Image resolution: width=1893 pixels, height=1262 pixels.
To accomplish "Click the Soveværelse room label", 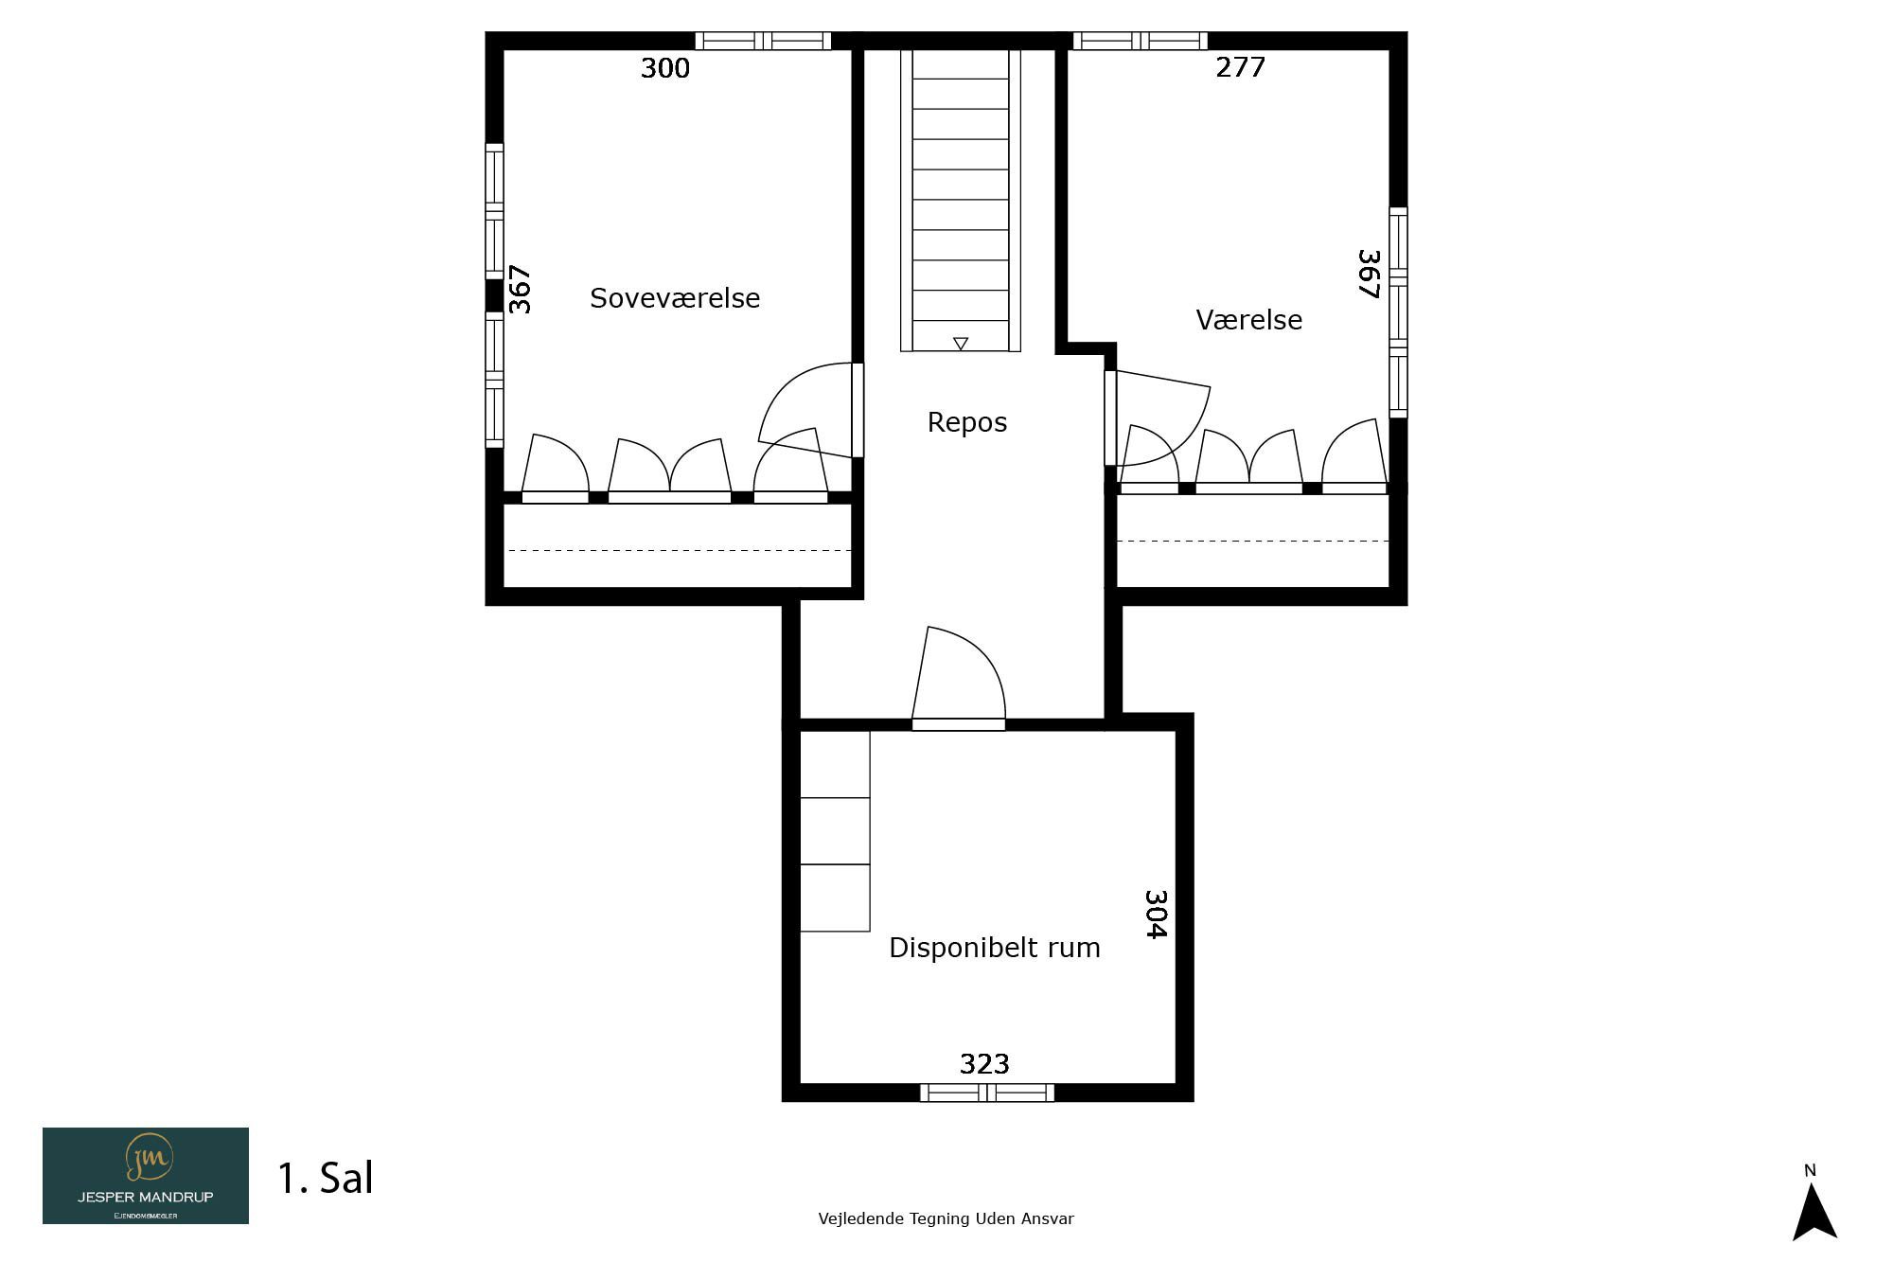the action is tap(675, 298).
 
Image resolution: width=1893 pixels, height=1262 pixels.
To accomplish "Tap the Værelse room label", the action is tap(1248, 320).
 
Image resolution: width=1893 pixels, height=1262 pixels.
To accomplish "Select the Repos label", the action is tap(966, 422).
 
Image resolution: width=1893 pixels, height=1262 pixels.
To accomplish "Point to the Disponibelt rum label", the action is tap(994, 948).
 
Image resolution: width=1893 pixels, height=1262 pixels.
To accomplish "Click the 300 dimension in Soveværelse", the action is tap(665, 68).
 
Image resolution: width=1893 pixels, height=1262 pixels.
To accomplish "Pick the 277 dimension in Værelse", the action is tap(1240, 67).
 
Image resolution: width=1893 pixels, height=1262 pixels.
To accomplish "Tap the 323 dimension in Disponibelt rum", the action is tap(984, 1064).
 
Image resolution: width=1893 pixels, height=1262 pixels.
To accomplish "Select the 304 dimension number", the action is tap(1156, 914).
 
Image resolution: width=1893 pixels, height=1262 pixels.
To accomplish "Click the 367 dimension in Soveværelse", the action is tap(520, 289).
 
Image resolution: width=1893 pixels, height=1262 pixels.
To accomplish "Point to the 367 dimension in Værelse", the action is tap(1369, 274).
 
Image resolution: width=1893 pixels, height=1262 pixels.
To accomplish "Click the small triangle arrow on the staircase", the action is tap(961, 344).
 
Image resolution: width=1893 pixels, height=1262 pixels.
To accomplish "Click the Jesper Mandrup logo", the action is tap(146, 1176).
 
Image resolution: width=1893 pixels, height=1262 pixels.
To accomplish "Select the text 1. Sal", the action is tap(325, 1178).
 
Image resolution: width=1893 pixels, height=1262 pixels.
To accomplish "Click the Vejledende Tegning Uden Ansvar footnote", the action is tap(946, 1219).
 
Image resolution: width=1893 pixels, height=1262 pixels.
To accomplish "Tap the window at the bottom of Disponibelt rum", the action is tap(987, 1093).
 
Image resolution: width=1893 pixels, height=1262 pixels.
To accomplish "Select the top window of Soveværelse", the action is tap(763, 41).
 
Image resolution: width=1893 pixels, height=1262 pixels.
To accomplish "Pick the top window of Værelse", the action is tap(1140, 41).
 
